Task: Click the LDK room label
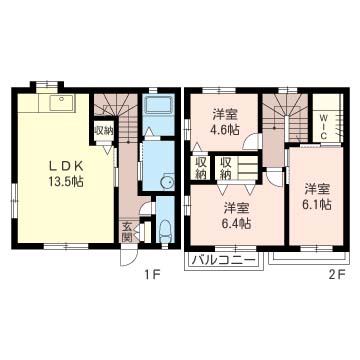66,166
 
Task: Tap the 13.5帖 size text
66,181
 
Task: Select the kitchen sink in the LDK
62,103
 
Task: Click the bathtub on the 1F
159,106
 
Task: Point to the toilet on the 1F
165,231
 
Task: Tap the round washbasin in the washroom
167,182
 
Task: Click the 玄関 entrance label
127,231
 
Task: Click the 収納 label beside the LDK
104,131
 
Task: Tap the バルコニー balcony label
224,260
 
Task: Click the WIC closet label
324,127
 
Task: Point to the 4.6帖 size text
225,130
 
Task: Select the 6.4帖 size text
237,223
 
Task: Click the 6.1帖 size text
317,205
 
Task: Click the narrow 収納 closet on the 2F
201,168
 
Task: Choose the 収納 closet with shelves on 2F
237,168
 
